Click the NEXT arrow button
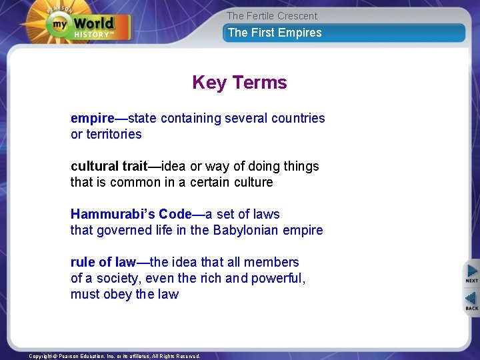(x=471, y=273)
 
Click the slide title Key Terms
(x=239, y=83)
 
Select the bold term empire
(x=92, y=119)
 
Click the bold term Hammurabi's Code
(x=131, y=215)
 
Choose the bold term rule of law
(x=103, y=263)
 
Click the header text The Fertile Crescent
(x=272, y=16)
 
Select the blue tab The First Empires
(x=275, y=33)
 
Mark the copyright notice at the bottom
(x=115, y=356)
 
